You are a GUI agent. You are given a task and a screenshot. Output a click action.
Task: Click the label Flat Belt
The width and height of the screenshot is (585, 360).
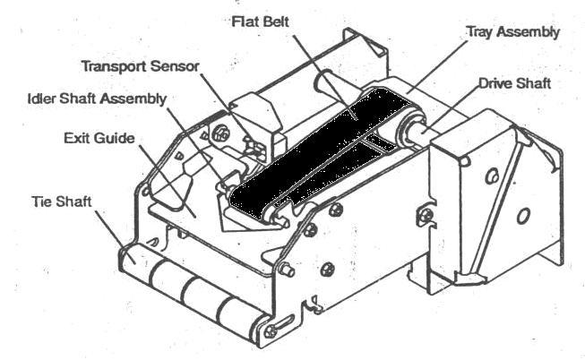tap(260, 21)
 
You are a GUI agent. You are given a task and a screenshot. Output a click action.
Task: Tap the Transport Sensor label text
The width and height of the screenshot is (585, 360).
tap(141, 66)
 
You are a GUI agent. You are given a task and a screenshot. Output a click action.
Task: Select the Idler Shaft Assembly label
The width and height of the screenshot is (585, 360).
tap(97, 99)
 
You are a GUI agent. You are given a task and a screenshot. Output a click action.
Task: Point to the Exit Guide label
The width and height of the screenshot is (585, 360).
tap(99, 138)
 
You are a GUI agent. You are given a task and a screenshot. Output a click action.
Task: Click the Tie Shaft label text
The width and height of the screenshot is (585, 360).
tap(62, 201)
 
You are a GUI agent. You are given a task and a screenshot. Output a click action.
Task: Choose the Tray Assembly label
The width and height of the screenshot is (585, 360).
tap(513, 32)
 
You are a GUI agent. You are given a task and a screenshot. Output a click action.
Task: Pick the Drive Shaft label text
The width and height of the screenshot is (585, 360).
tap(514, 83)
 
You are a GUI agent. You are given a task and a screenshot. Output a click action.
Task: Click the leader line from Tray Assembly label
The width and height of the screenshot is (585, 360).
tap(437, 65)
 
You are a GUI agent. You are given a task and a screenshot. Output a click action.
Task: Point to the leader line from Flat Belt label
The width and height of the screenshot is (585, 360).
tap(324, 77)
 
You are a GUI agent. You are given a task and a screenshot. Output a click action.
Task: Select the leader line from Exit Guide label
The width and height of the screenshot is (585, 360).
tap(168, 181)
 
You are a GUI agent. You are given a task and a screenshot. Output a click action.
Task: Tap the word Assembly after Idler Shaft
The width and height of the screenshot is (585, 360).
tap(133, 99)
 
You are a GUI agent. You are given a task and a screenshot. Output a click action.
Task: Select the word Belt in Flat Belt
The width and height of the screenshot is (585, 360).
tap(274, 21)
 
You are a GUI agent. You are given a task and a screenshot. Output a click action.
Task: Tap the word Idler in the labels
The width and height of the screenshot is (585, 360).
tap(42, 99)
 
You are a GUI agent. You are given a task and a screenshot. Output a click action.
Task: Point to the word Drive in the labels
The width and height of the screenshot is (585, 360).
tap(495, 83)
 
